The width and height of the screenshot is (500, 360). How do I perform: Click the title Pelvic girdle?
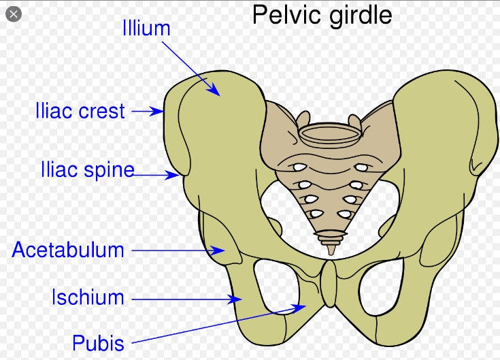coord(322,14)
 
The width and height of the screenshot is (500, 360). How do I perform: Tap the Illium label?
coord(146,29)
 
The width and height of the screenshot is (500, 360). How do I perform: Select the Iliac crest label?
coord(80,111)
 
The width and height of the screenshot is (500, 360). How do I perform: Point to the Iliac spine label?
coord(87,169)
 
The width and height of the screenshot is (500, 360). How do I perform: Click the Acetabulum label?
coord(68,250)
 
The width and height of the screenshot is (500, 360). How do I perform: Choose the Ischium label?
coord(88,297)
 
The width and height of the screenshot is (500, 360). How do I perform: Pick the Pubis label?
coord(98,342)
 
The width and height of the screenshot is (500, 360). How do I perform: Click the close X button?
coord(13,13)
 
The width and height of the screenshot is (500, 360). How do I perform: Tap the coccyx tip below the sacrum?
coord(331,248)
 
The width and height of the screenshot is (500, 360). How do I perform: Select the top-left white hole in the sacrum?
coord(297,167)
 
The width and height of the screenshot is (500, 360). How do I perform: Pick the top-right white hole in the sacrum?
coord(361,167)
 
